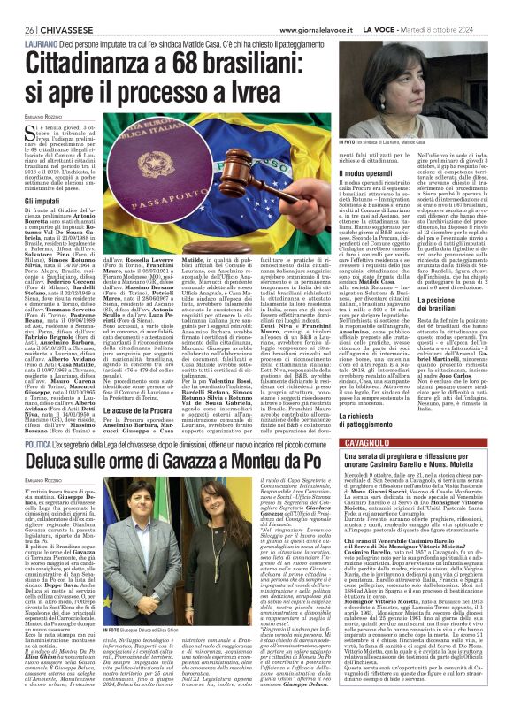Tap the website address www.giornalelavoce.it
(256, 8)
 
